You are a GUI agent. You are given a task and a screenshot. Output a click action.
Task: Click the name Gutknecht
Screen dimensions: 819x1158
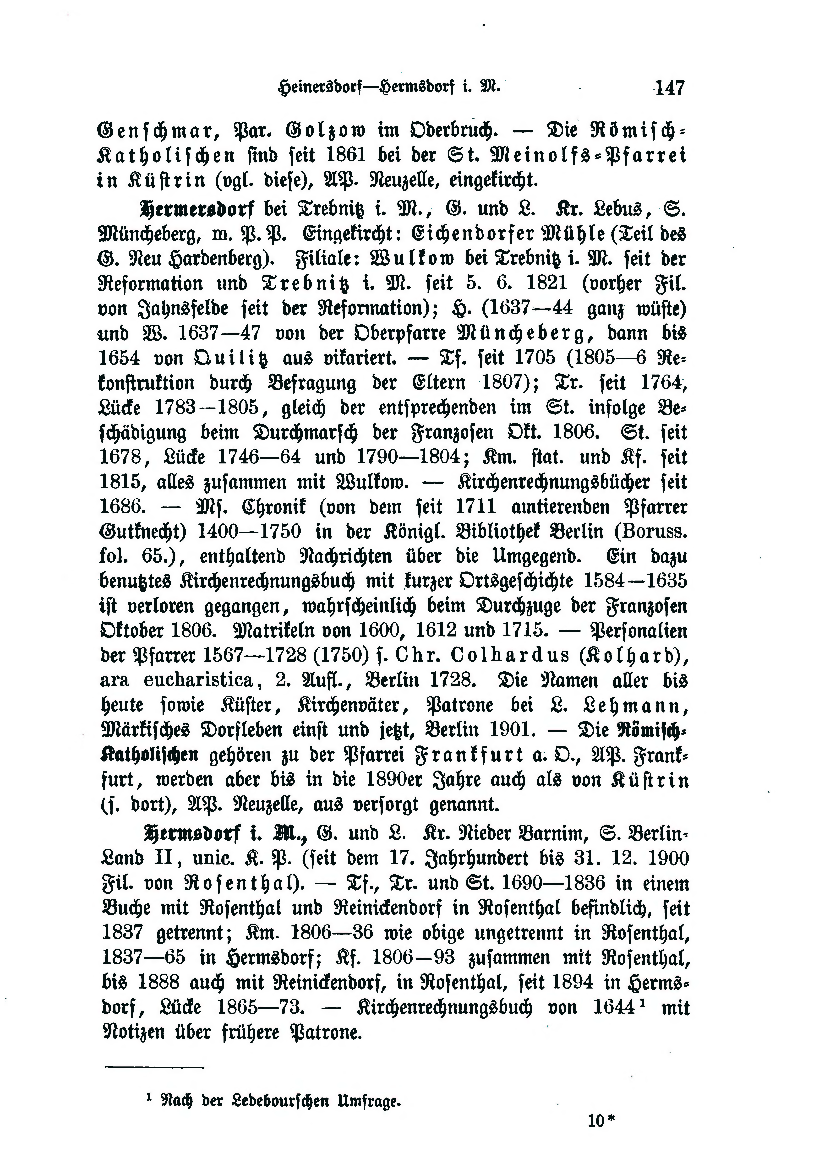(141, 532)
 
